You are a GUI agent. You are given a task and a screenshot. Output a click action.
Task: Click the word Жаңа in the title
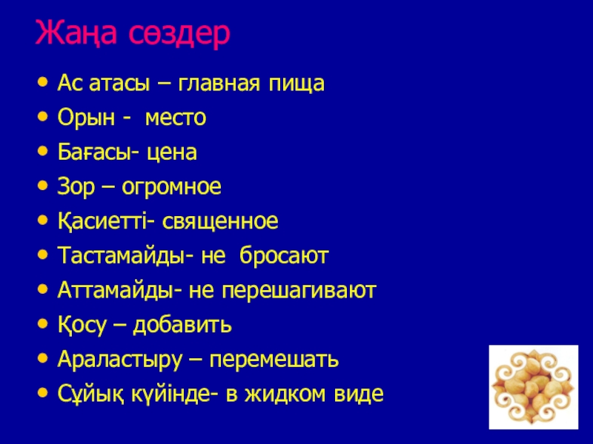pyautogui.click(x=76, y=33)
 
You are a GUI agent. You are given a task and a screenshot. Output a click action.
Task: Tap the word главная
pyautogui.click(x=219, y=84)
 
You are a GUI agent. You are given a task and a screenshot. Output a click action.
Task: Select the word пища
pyautogui.click(x=296, y=84)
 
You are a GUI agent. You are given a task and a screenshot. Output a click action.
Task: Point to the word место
pyautogui.click(x=176, y=118)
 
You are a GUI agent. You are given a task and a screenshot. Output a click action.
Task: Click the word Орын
pyautogui.click(x=86, y=118)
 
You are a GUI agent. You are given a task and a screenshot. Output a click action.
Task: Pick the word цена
pyautogui.click(x=172, y=152)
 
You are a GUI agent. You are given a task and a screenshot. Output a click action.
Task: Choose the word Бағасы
pyautogui.click(x=96, y=152)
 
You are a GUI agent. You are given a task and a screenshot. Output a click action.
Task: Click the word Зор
pyautogui.click(x=76, y=187)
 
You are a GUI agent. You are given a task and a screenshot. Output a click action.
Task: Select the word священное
pyautogui.click(x=220, y=222)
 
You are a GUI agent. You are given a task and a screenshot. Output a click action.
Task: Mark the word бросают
pyautogui.click(x=284, y=255)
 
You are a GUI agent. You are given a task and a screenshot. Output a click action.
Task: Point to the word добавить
pyautogui.click(x=182, y=325)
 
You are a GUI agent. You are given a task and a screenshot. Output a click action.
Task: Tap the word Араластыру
pyautogui.click(x=120, y=360)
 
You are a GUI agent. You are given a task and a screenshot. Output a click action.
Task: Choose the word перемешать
pyautogui.click(x=274, y=360)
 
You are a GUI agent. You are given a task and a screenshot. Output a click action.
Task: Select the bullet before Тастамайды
pyautogui.click(x=43, y=255)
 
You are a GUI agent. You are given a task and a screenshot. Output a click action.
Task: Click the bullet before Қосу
pyautogui.click(x=43, y=324)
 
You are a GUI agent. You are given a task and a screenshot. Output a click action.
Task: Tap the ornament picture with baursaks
pyautogui.click(x=534, y=387)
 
